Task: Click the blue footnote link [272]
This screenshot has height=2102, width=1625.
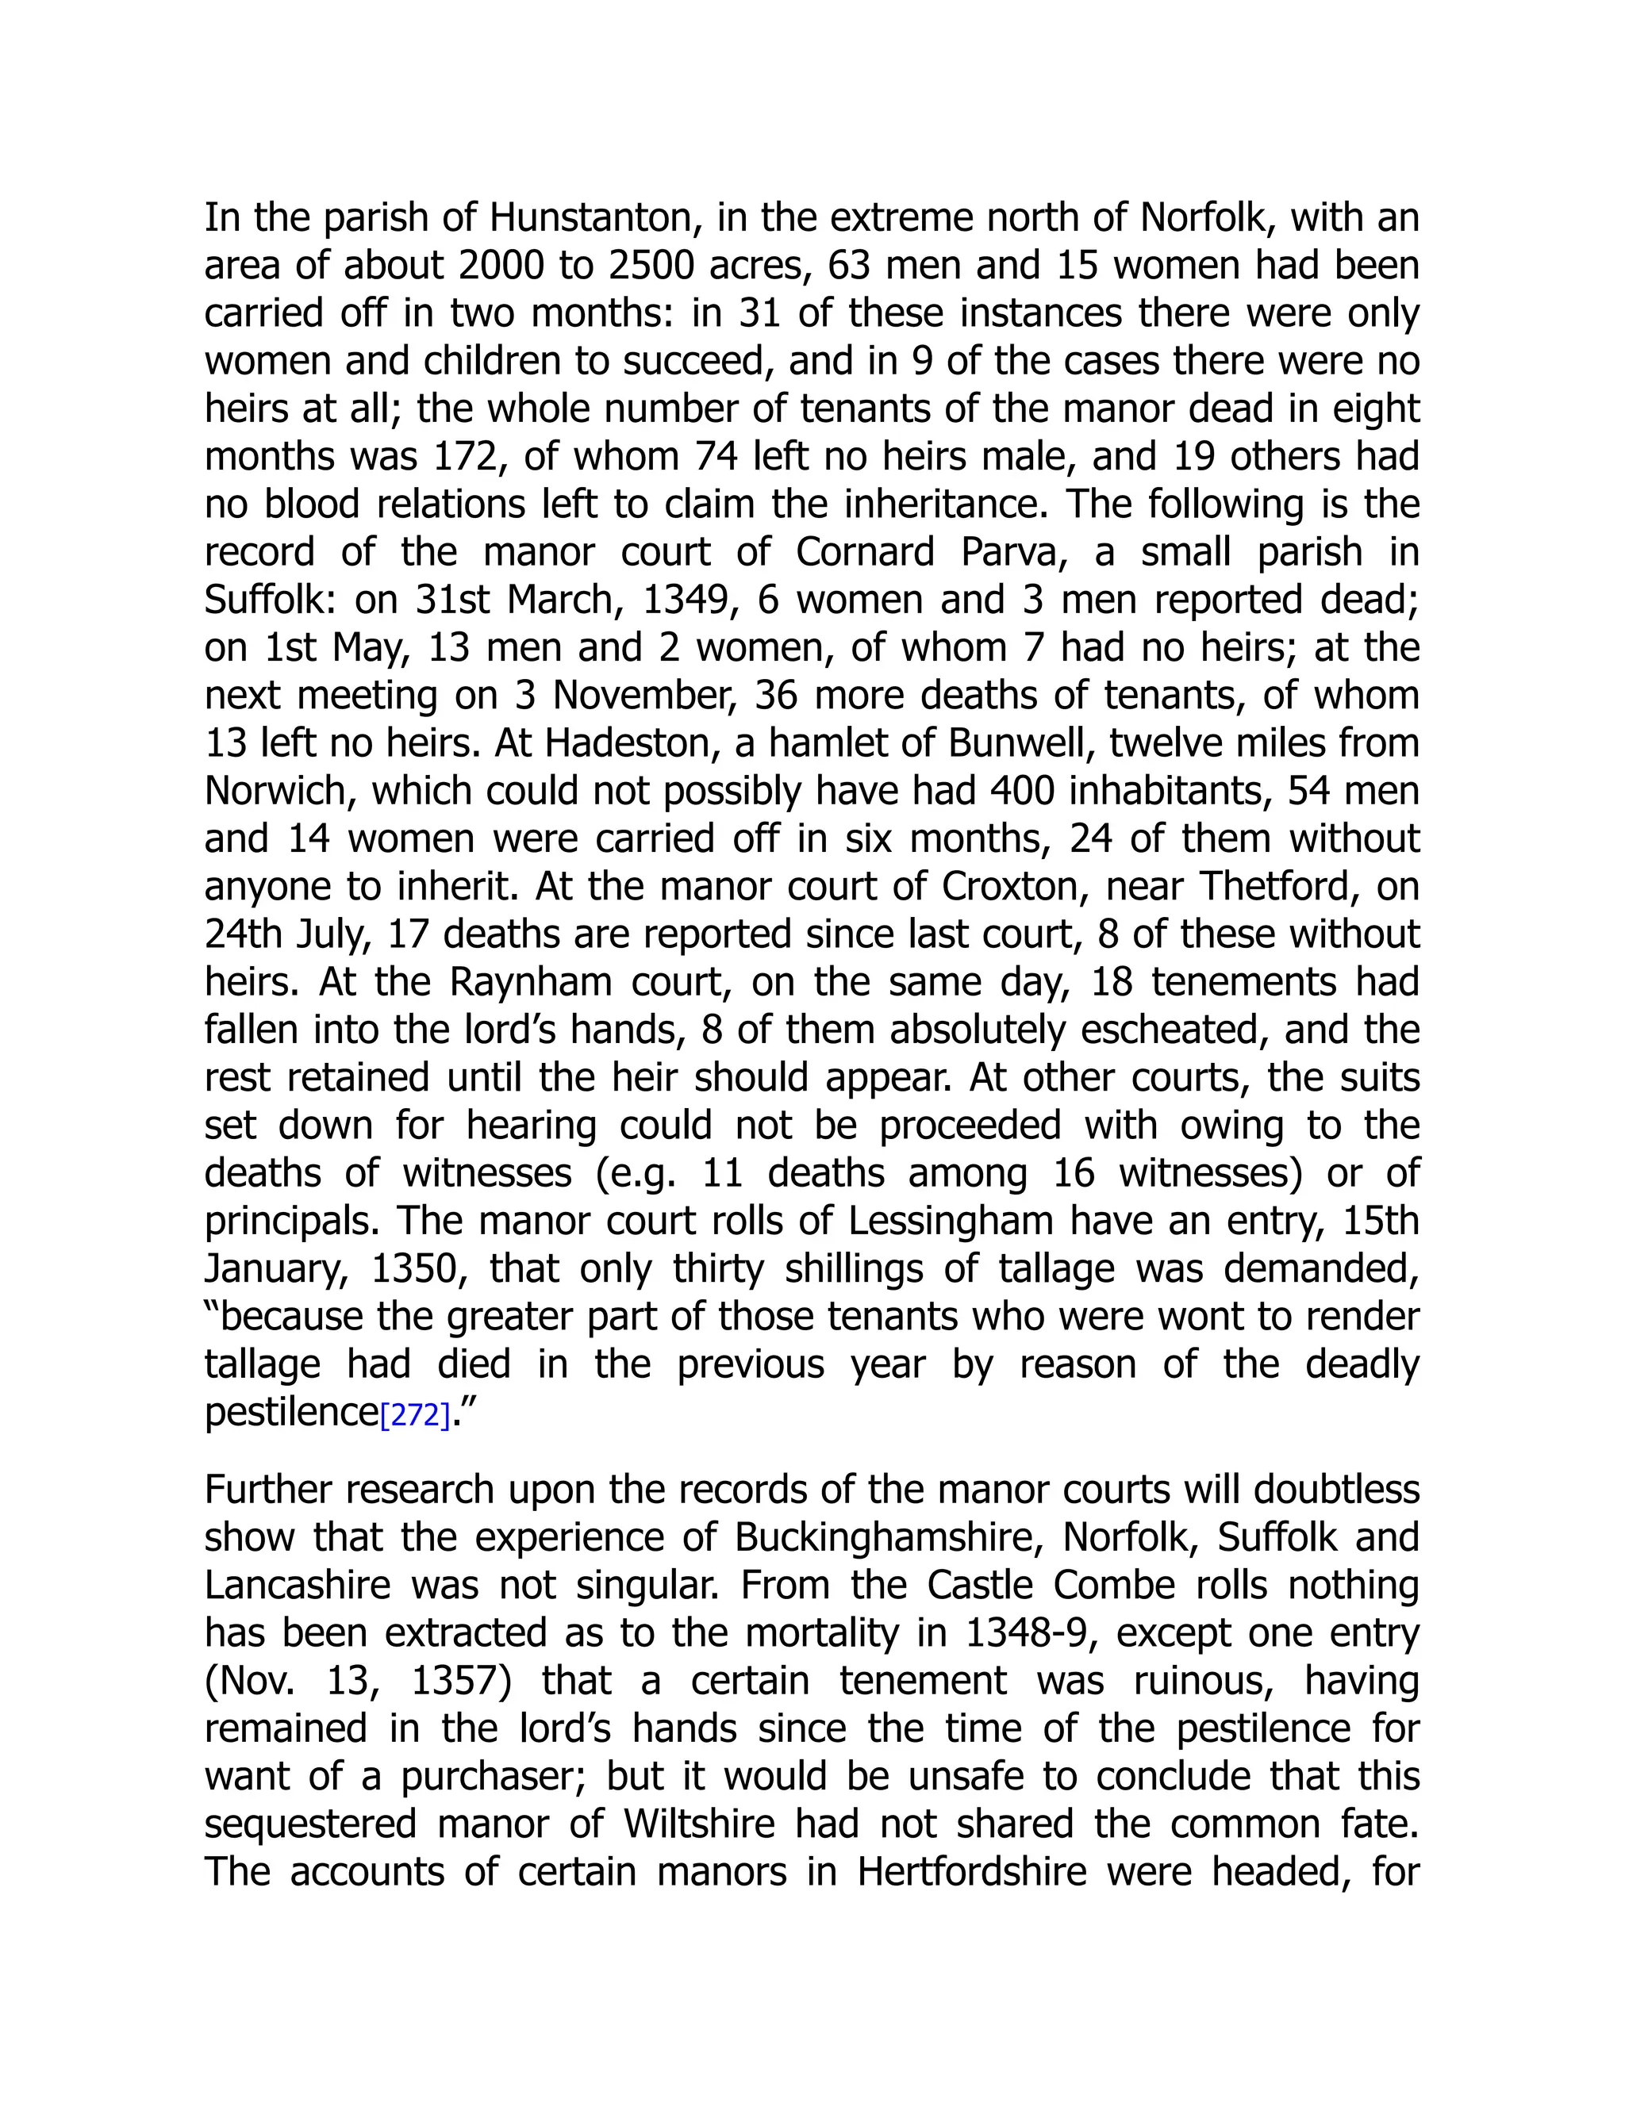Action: (415, 1416)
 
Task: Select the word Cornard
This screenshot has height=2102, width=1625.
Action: (865, 552)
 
